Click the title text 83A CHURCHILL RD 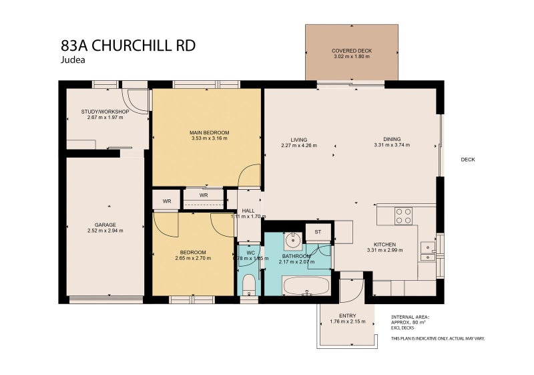coord(127,45)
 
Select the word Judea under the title coord(71,59)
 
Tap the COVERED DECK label coord(351,51)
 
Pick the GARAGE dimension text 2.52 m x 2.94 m coord(105,231)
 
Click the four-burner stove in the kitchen coord(403,216)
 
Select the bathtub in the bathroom coord(306,285)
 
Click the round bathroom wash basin coord(292,241)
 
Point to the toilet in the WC coord(248,284)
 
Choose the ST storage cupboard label coord(318,232)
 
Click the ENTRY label coord(347,316)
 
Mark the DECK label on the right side coord(467,159)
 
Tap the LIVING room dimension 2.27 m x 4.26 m coord(298,145)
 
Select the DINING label coord(392,138)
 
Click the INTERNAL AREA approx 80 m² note coord(411,322)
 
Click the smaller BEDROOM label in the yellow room coord(192,253)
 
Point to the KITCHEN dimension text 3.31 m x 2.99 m coord(385,250)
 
